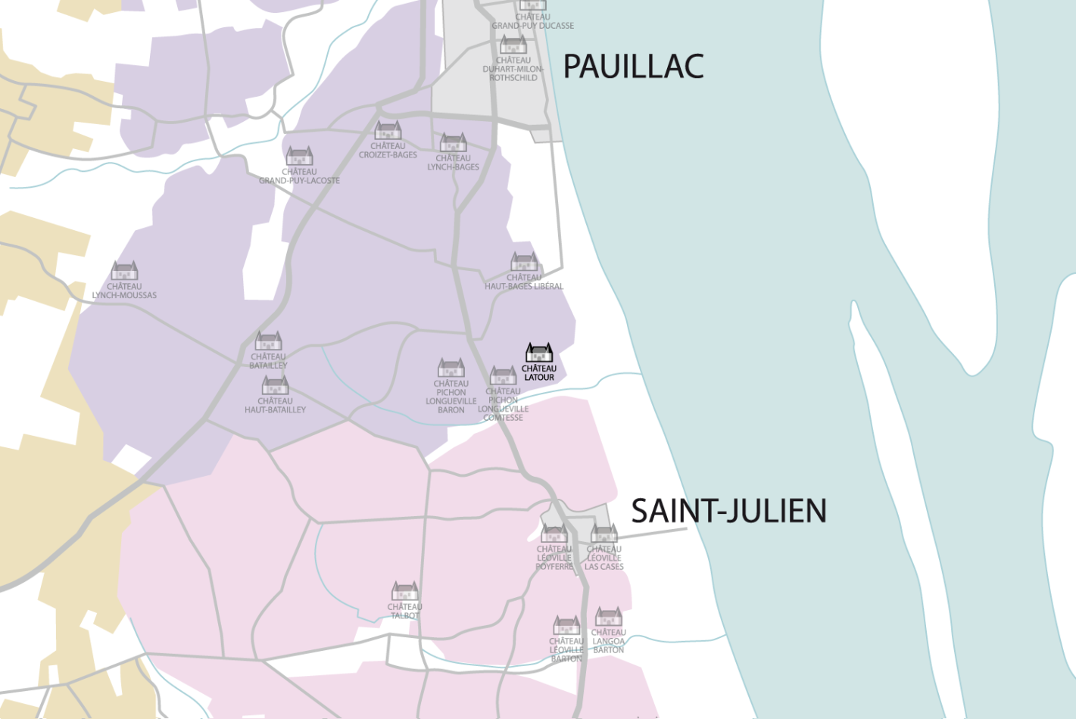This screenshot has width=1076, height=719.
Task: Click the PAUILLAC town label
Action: tap(633, 67)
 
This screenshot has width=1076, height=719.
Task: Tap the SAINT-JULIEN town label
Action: tap(728, 511)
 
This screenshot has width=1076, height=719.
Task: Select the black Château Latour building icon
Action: tap(539, 353)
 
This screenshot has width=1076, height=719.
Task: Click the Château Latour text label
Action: tap(539, 372)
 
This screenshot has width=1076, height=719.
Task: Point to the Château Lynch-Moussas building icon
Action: tap(124, 271)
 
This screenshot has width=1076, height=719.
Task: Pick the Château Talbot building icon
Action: tap(405, 591)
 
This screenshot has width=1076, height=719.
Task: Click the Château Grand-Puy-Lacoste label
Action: tap(299, 176)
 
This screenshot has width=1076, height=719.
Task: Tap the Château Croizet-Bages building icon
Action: tap(388, 130)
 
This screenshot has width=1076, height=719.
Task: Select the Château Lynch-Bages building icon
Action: tap(453, 142)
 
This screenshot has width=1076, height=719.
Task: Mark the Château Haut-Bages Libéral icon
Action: tap(524, 262)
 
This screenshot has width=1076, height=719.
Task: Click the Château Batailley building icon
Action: tap(268, 341)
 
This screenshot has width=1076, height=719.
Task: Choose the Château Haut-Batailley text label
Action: tap(275, 406)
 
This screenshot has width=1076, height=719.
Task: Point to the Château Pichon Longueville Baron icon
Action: tap(451, 368)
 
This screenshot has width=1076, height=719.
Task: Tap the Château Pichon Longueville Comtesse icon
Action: tap(503, 375)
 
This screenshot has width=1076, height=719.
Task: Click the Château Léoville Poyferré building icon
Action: tap(554, 534)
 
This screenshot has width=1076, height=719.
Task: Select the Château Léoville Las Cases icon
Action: tap(604, 534)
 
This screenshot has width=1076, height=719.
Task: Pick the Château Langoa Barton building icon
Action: tap(608, 617)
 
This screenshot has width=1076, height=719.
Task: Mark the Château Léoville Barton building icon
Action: tap(566, 625)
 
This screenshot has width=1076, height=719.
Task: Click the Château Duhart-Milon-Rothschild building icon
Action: tap(513, 45)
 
